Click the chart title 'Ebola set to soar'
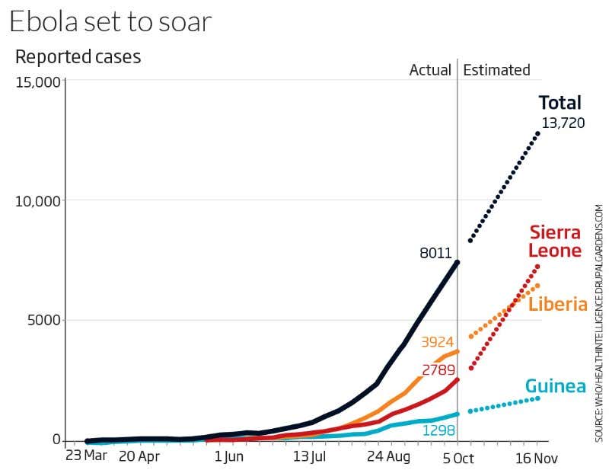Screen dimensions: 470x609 [x=110, y=21]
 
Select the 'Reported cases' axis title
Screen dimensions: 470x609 [x=78, y=57]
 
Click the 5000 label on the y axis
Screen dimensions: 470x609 [x=43, y=320]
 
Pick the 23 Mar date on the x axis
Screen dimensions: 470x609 [x=86, y=457]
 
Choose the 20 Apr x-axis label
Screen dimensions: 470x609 [x=139, y=457]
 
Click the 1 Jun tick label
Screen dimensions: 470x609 [x=228, y=457]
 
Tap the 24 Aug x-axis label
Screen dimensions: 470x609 [x=389, y=457]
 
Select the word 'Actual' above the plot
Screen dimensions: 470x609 [x=430, y=70]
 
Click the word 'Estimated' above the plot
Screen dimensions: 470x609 [x=496, y=70]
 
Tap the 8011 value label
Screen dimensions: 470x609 [x=436, y=254]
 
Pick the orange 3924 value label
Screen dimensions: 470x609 [x=436, y=342]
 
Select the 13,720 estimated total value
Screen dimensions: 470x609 [x=563, y=123]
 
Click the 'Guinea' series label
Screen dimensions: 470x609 [x=556, y=387]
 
